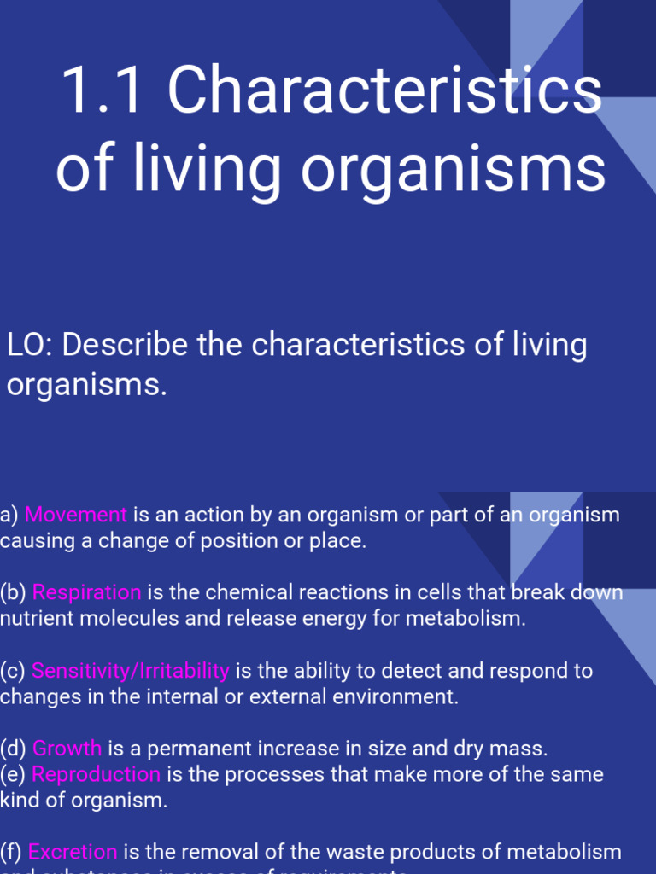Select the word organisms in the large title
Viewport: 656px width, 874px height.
(453, 171)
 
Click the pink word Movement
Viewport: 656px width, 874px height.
(76, 515)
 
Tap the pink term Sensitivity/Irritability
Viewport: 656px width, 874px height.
(131, 671)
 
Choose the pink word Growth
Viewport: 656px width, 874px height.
(67, 749)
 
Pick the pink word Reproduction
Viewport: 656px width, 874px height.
(96, 774)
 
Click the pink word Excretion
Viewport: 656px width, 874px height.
(73, 852)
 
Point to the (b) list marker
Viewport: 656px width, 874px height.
(13, 592)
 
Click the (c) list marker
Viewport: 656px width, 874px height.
(13, 671)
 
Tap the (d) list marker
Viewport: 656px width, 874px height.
(13, 749)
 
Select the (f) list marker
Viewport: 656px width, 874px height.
(11, 852)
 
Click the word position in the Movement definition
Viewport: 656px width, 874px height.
(237, 541)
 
